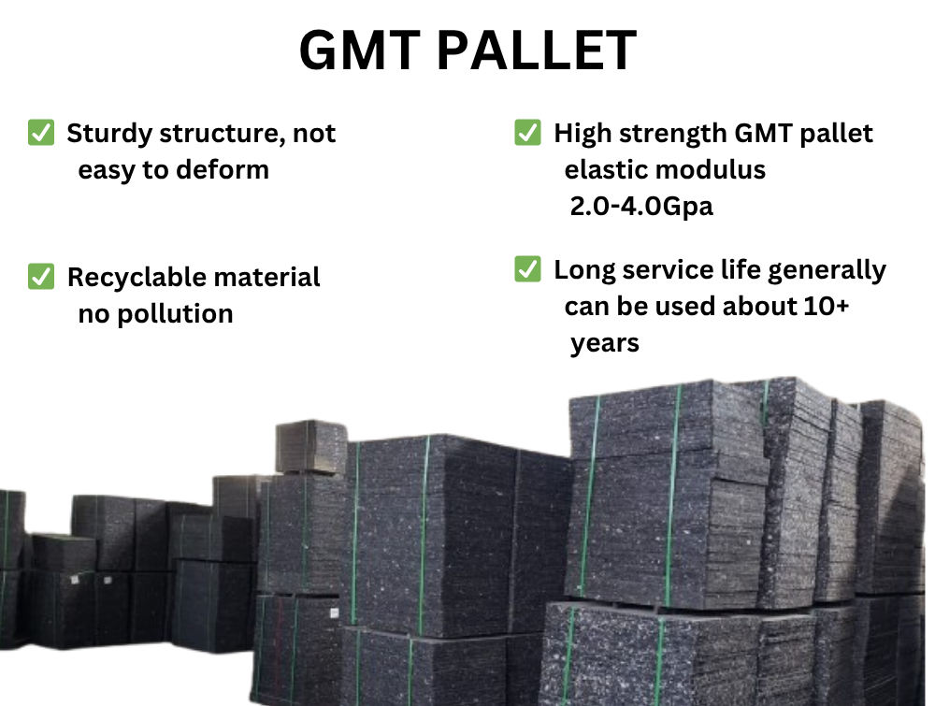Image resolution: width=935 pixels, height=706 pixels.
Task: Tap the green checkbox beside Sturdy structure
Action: (41, 133)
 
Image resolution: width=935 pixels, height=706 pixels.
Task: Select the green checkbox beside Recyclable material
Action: (41, 277)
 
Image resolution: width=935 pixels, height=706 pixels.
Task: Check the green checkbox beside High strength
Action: (528, 133)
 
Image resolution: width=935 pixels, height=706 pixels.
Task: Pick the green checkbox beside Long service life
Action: (528, 270)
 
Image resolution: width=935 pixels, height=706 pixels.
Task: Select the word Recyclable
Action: (137, 278)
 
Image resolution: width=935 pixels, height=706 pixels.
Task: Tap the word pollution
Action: (173, 313)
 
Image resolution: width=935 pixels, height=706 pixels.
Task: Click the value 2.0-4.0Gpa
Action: (641, 206)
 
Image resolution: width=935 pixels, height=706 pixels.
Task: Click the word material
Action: (267, 278)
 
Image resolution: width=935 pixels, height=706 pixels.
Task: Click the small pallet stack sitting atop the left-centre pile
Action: (311, 446)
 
